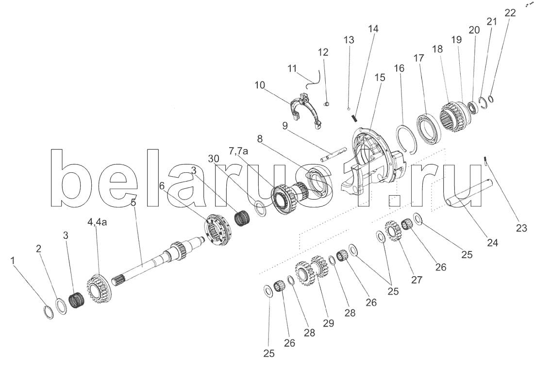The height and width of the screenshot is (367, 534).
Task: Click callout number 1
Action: click(x=13, y=261)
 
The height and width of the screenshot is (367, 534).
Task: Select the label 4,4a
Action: click(x=97, y=222)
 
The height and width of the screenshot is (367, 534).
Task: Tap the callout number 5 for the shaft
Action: click(x=133, y=202)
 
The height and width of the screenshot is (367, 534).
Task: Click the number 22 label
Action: click(x=510, y=13)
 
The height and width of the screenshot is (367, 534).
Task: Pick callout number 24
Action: click(x=492, y=243)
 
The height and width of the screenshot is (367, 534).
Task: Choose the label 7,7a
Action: click(x=238, y=151)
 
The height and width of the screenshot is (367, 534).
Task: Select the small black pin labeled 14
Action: click(x=354, y=118)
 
